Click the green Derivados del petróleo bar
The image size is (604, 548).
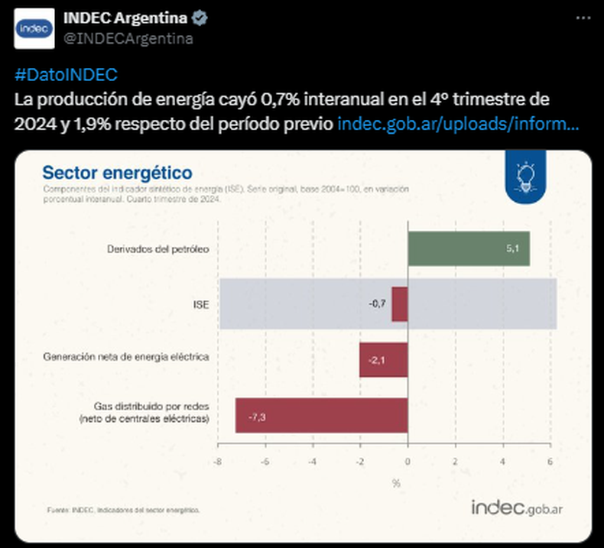pyautogui.click(x=468, y=248)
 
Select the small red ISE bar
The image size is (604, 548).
pyautogui.click(x=399, y=304)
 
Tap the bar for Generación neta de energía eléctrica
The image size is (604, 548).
pyautogui.click(x=383, y=359)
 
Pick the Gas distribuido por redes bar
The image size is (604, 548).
pyautogui.click(x=321, y=416)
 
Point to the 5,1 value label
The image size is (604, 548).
pyautogui.click(x=513, y=249)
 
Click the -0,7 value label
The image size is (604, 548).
pyautogui.click(x=377, y=304)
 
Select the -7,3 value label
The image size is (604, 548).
pyautogui.click(x=256, y=417)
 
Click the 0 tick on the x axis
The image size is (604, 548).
pyautogui.click(x=408, y=462)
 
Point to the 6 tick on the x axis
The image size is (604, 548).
pyautogui.click(x=550, y=462)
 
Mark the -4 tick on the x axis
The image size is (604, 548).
pyautogui.click(x=312, y=462)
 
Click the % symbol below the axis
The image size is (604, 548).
pyautogui.click(x=396, y=482)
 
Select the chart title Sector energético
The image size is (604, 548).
pyautogui.click(x=117, y=173)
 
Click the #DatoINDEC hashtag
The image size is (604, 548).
pyautogui.click(x=66, y=75)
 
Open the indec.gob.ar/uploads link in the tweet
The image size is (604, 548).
pyautogui.click(x=457, y=123)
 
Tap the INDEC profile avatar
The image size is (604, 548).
pyautogui.click(x=34, y=28)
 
